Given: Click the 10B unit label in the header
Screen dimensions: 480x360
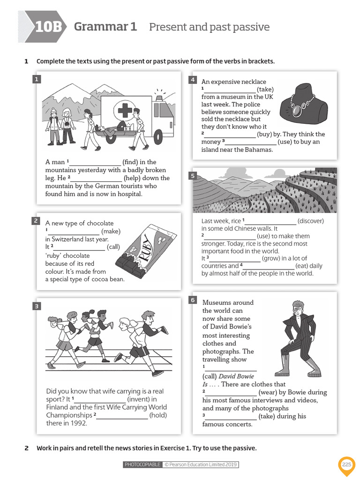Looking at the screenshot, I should pyautogui.click(x=48, y=27).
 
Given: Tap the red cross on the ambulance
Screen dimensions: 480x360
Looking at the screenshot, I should pyautogui.click(x=125, y=111).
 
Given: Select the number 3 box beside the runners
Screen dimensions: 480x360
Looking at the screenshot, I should pyautogui.click(x=37, y=306).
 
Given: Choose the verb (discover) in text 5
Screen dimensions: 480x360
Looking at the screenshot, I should pyautogui.click(x=310, y=221).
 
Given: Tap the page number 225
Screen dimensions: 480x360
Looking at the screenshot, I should pyautogui.click(x=346, y=464).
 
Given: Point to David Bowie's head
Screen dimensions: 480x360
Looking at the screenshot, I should pyautogui.click(x=297, y=308).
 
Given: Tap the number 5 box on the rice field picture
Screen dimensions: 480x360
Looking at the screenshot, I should pyautogui.click(x=192, y=176).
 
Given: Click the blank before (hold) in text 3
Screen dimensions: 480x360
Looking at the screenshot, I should pyautogui.click(x=122, y=415).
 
